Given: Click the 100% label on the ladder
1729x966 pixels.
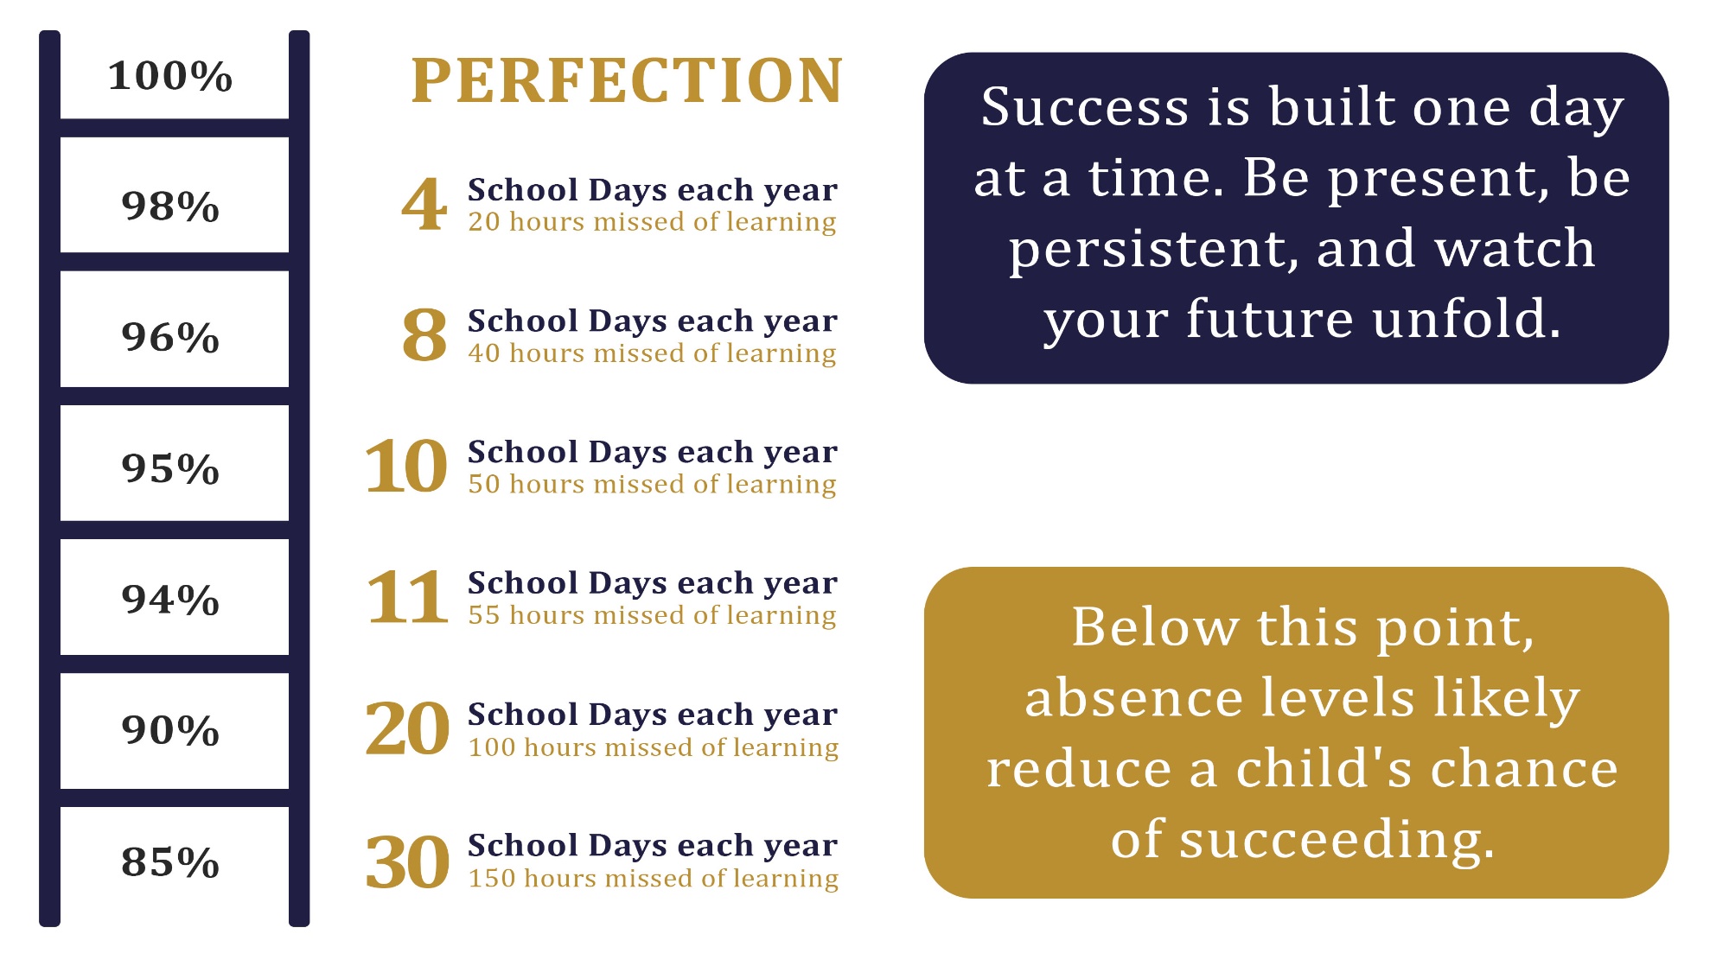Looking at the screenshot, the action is [x=170, y=76].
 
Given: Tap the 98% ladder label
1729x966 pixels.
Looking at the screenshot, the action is [x=170, y=207].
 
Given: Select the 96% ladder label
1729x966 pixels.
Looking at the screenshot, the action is [x=170, y=338].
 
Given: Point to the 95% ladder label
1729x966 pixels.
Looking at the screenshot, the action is [x=170, y=469].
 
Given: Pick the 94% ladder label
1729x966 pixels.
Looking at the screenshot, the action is [x=170, y=600].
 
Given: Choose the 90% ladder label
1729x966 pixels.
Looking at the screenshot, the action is [x=170, y=731].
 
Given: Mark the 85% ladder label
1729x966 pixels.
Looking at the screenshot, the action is [x=170, y=862].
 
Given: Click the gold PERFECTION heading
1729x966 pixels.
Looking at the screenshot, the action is [x=627, y=80].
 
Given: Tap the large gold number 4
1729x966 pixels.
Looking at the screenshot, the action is [x=424, y=205].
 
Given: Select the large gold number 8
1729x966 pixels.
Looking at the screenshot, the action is [x=424, y=336].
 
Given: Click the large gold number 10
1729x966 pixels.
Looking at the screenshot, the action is [x=406, y=467].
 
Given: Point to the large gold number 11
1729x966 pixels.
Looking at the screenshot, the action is [x=407, y=598].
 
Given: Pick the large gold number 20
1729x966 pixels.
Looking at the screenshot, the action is [x=407, y=729].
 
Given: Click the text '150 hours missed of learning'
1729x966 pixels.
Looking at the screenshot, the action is [x=654, y=878].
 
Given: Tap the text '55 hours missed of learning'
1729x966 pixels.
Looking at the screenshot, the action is [x=653, y=615].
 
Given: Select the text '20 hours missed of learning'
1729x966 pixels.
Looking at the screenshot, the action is [x=653, y=222].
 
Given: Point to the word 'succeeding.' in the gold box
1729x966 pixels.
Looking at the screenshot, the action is [x=1337, y=840].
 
